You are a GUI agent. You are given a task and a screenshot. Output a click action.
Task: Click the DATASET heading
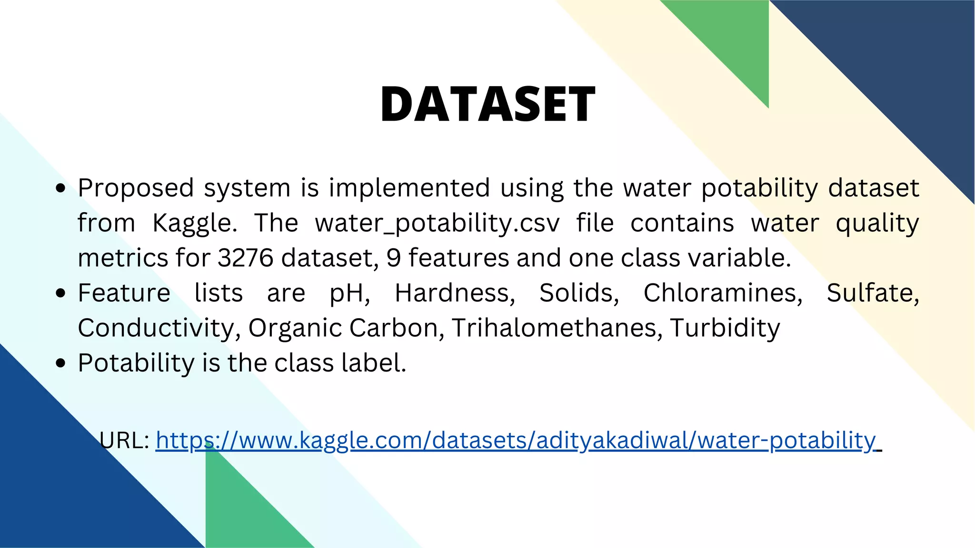point(487,104)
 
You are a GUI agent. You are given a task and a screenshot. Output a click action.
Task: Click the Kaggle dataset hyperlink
point(516,440)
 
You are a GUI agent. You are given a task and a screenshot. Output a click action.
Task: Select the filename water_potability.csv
point(437,223)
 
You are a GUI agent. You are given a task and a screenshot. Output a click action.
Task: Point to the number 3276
point(245,258)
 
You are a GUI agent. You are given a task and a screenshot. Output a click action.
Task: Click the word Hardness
point(455,293)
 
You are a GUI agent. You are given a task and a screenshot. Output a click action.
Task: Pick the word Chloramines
point(723,293)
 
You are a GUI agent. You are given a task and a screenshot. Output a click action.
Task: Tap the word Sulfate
point(872,293)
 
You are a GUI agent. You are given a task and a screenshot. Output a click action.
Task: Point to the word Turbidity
point(725,328)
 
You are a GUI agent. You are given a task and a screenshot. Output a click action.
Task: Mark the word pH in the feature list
point(349,294)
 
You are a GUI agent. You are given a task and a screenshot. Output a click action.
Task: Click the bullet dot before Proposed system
point(60,188)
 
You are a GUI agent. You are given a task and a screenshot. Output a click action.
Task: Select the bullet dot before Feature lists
point(60,294)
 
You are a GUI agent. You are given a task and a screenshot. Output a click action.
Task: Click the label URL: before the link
point(125,440)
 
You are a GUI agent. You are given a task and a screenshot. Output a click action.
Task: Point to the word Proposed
point(136,188)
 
